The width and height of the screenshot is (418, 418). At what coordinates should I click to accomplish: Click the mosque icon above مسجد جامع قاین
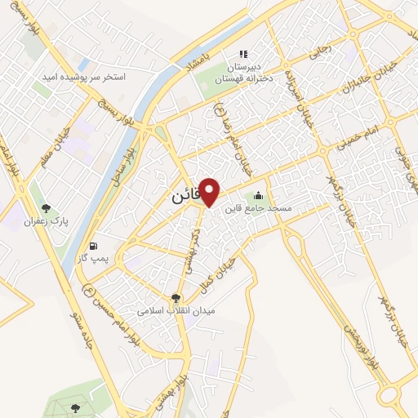pyautogui.click(x=259, y=196)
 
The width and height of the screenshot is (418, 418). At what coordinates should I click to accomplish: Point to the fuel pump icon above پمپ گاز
pyautogui.click(x=93, y=246)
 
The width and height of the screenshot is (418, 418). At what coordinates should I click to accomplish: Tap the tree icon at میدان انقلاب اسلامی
pyautogui.click(x=176, y=298)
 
